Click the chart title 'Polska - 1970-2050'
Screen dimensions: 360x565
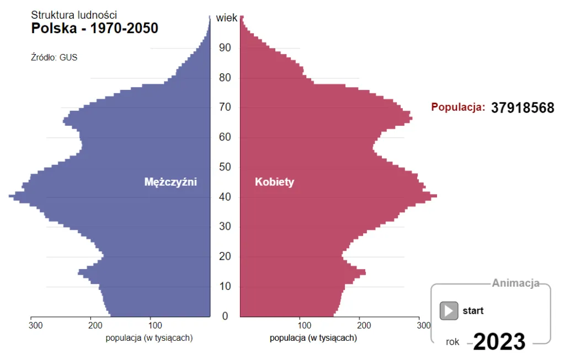(x=94, y=28)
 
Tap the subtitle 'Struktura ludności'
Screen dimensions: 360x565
(x=73, y=15)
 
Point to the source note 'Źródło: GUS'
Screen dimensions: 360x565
(x=54, y=57)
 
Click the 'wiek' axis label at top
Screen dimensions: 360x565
(x=226, y=18)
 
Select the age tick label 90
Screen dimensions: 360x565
(x=225, y=48)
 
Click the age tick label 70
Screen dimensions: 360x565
(x=225, y=108)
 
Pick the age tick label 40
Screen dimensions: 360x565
(x=225, y=197)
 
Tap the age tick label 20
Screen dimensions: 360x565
(x=225, y=257)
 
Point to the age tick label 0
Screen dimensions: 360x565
(x=225, y=316)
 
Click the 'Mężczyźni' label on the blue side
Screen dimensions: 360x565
(x=170, y=182)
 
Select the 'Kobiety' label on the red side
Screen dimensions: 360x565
(x=274, y=182)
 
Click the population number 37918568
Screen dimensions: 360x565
(x=523, y=108)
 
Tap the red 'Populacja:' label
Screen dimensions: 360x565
(x=458, y=108)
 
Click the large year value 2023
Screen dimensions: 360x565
(x=499, y=342)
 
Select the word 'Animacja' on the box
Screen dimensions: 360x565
(x=515, y=284)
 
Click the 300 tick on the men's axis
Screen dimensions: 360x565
(x=36, y=326)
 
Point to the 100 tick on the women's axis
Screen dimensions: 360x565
(x=300, y=326)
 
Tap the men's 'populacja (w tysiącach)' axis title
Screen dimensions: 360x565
(x=149, y=338)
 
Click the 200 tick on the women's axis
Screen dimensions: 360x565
(x=360, y=326)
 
